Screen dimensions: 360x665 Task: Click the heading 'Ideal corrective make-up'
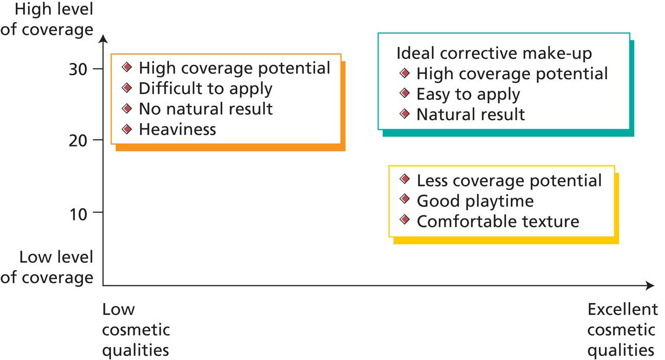(495, 53)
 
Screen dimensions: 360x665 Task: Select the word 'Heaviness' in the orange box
(177, 129)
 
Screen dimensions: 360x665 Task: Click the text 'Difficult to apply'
(205, 88)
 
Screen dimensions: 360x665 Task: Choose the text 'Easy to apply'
(468, 94)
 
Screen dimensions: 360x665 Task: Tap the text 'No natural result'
(205, 109)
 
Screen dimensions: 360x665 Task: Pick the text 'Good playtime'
(475, 201)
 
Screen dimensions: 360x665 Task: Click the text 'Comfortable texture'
(498, 221)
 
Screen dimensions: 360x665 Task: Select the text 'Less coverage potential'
(509, 181)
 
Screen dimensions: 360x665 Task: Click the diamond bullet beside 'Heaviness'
(127, 129)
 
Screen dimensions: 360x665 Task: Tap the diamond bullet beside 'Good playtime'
(405, 199)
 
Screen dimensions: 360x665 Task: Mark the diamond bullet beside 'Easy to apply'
(405, 93)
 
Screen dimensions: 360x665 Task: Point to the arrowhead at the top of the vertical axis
(103, 39)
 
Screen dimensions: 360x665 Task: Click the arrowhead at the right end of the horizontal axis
(650, 285)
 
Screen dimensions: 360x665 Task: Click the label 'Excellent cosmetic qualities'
(622, 330)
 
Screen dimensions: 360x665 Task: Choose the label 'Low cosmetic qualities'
(136, 330)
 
